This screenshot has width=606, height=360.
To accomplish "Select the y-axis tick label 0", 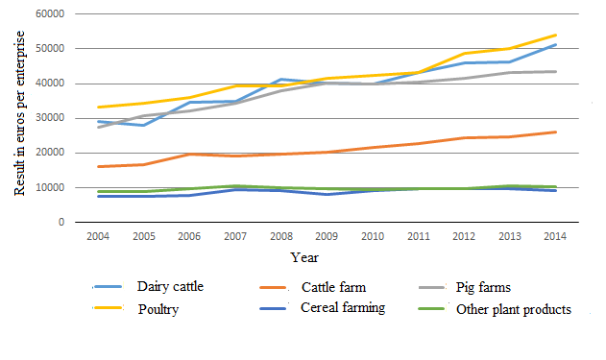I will (61, 222).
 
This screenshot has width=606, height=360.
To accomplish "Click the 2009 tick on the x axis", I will (327, 235).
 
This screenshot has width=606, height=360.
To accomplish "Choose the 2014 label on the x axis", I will (555, 235).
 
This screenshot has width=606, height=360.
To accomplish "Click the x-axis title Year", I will (305, 257).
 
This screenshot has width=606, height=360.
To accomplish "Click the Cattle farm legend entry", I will (333, 286).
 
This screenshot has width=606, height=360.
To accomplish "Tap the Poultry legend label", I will (158, 309).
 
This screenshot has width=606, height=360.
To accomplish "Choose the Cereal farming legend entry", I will (342, 309).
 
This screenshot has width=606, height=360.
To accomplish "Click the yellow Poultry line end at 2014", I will (555, 36).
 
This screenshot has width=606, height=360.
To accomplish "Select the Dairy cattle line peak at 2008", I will (280, 79).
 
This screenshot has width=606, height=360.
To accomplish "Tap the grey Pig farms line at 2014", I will (555, 71).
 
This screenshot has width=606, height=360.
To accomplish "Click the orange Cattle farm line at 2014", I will (555, 132).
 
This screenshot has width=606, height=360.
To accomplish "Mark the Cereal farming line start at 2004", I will (98, 196).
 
